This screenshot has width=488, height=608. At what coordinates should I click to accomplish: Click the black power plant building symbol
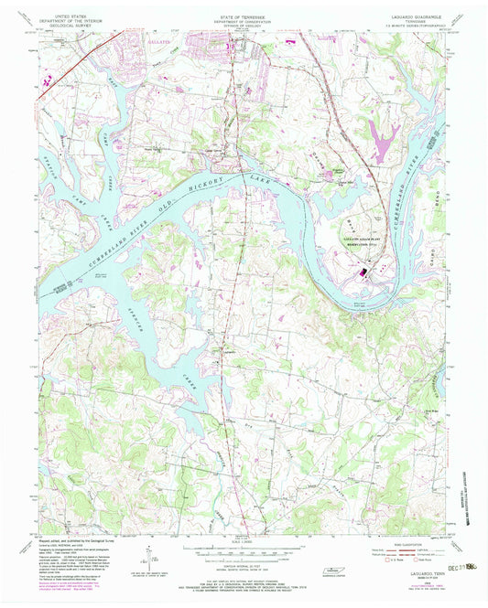click(363, 272)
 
